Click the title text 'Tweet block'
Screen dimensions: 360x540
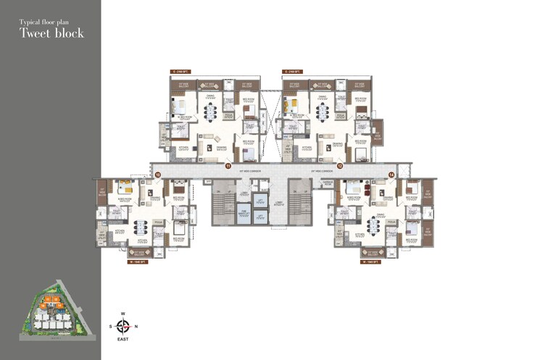(x=51, y=33)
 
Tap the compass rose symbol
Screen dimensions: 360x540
(x=123, y=326)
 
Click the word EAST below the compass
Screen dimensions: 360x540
(x=123, y=340)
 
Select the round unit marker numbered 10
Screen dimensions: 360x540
(x=158, y=175)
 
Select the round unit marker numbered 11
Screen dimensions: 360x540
(x=227, y=166)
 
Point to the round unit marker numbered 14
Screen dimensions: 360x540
(x=391, y=175)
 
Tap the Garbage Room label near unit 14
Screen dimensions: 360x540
(x=328, y=184)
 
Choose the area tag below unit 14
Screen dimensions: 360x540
(x=370, y=261)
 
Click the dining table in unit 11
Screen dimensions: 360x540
(x=212, y=112)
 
